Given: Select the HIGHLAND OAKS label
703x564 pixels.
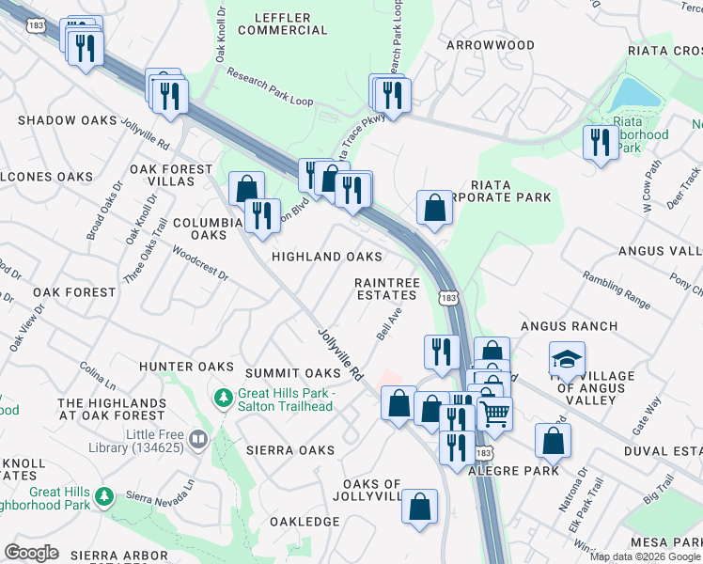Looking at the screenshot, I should (x=327, y=257).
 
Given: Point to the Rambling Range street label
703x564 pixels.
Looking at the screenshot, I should (x=616, y=290).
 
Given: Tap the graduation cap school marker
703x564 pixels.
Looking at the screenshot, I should (x=567, y=358).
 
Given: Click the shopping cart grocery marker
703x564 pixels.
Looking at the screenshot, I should (x=495, y=411).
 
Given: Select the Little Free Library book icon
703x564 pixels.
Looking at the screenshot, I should (x=197, y=438).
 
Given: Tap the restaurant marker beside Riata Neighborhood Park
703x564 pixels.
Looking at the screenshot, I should (x=598, y=142).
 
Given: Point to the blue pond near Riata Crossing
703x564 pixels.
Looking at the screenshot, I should (x=636, y=93).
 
